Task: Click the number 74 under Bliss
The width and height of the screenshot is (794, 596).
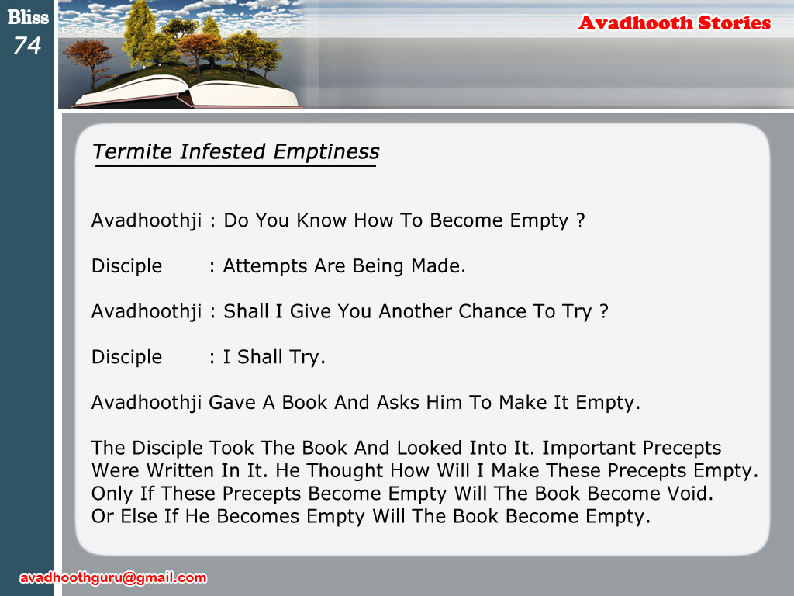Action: pyautogui.click(x=27, y=46)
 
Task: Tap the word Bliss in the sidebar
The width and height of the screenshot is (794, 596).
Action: pyautogui.click(x=28, y=17)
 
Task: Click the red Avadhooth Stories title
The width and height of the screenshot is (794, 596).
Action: pyautogui.click(x=675, y=23)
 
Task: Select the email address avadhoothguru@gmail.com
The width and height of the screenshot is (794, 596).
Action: pyautogui.click(x=113, y=577)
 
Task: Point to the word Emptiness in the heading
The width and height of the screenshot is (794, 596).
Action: pyautogui.click(x=326, y=152)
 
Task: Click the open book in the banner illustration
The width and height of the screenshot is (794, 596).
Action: pyautogui.click(x=186, y=92)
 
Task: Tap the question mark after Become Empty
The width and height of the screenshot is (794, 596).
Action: pyautogui.click(x=580, y=220)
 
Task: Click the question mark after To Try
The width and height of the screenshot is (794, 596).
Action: pyautogui.click(x=603, y=310)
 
